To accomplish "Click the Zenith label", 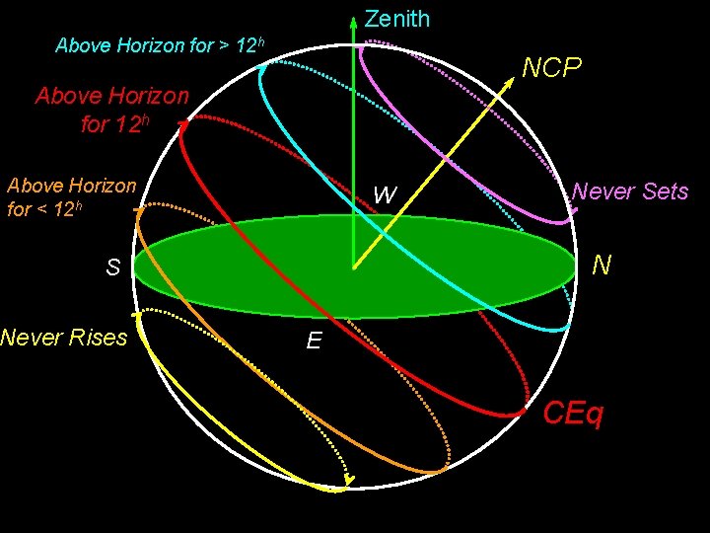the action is click(x=396, y=19).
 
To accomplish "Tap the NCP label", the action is click(x=551, y=68).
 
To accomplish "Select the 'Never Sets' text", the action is click(x=630, y=191).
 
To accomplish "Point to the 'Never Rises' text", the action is click(x=64, y=338).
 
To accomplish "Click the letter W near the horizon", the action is click(x=385, y=195).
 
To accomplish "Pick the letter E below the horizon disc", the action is click(x=314, y=342).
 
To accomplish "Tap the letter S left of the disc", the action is click(x=113, y=267).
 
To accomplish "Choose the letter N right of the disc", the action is click(x=602, y=266).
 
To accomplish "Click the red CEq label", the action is click(x=573, y=413).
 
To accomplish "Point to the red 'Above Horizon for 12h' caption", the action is click(x=111, y=110).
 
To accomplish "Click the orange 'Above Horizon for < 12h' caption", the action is click(x=71, y=196).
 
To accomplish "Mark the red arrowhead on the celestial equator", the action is click(x=183, y=122).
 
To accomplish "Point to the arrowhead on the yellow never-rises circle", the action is click(x=348, y=482).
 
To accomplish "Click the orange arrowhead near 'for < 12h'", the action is click(x=139, y=210).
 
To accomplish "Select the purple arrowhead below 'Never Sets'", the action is click(x=574, y=209).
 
